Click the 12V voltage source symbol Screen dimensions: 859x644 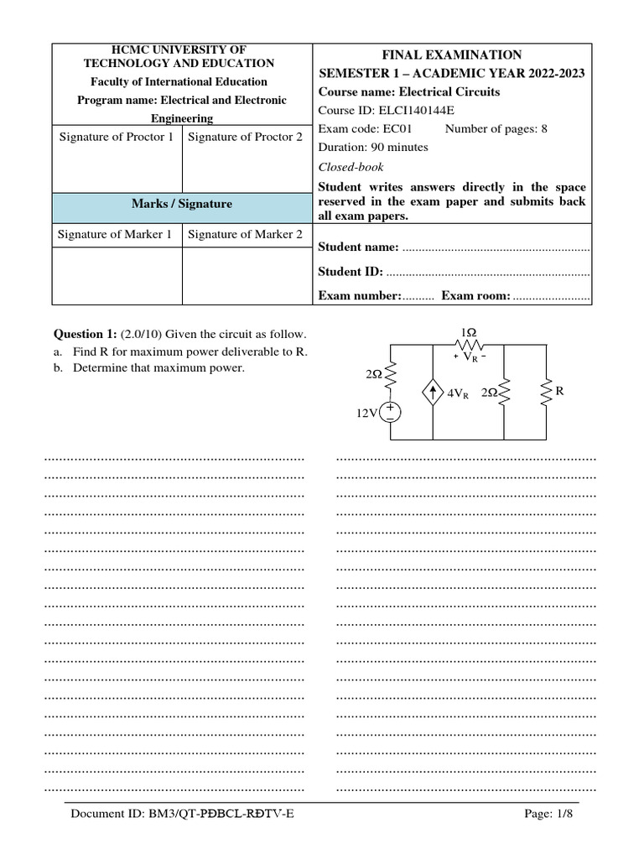click(x=391, y=412)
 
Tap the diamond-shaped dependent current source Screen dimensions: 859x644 click(x=433, y=393)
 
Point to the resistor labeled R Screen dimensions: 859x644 click(x=547, y=391)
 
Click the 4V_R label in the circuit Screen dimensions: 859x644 click(x=458, y=393)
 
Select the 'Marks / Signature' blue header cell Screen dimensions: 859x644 click(x=182, y=204)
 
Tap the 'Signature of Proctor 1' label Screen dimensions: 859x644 click(x=117, y=137)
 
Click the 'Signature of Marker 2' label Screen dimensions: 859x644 click(x=245, y=234)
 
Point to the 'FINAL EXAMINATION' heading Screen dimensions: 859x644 click(x=452, y=55)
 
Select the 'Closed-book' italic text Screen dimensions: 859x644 click(x=351, y=167)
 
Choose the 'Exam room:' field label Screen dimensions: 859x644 click(x=475, y=295)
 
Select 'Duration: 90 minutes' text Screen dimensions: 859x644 click(x=373, y=147)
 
